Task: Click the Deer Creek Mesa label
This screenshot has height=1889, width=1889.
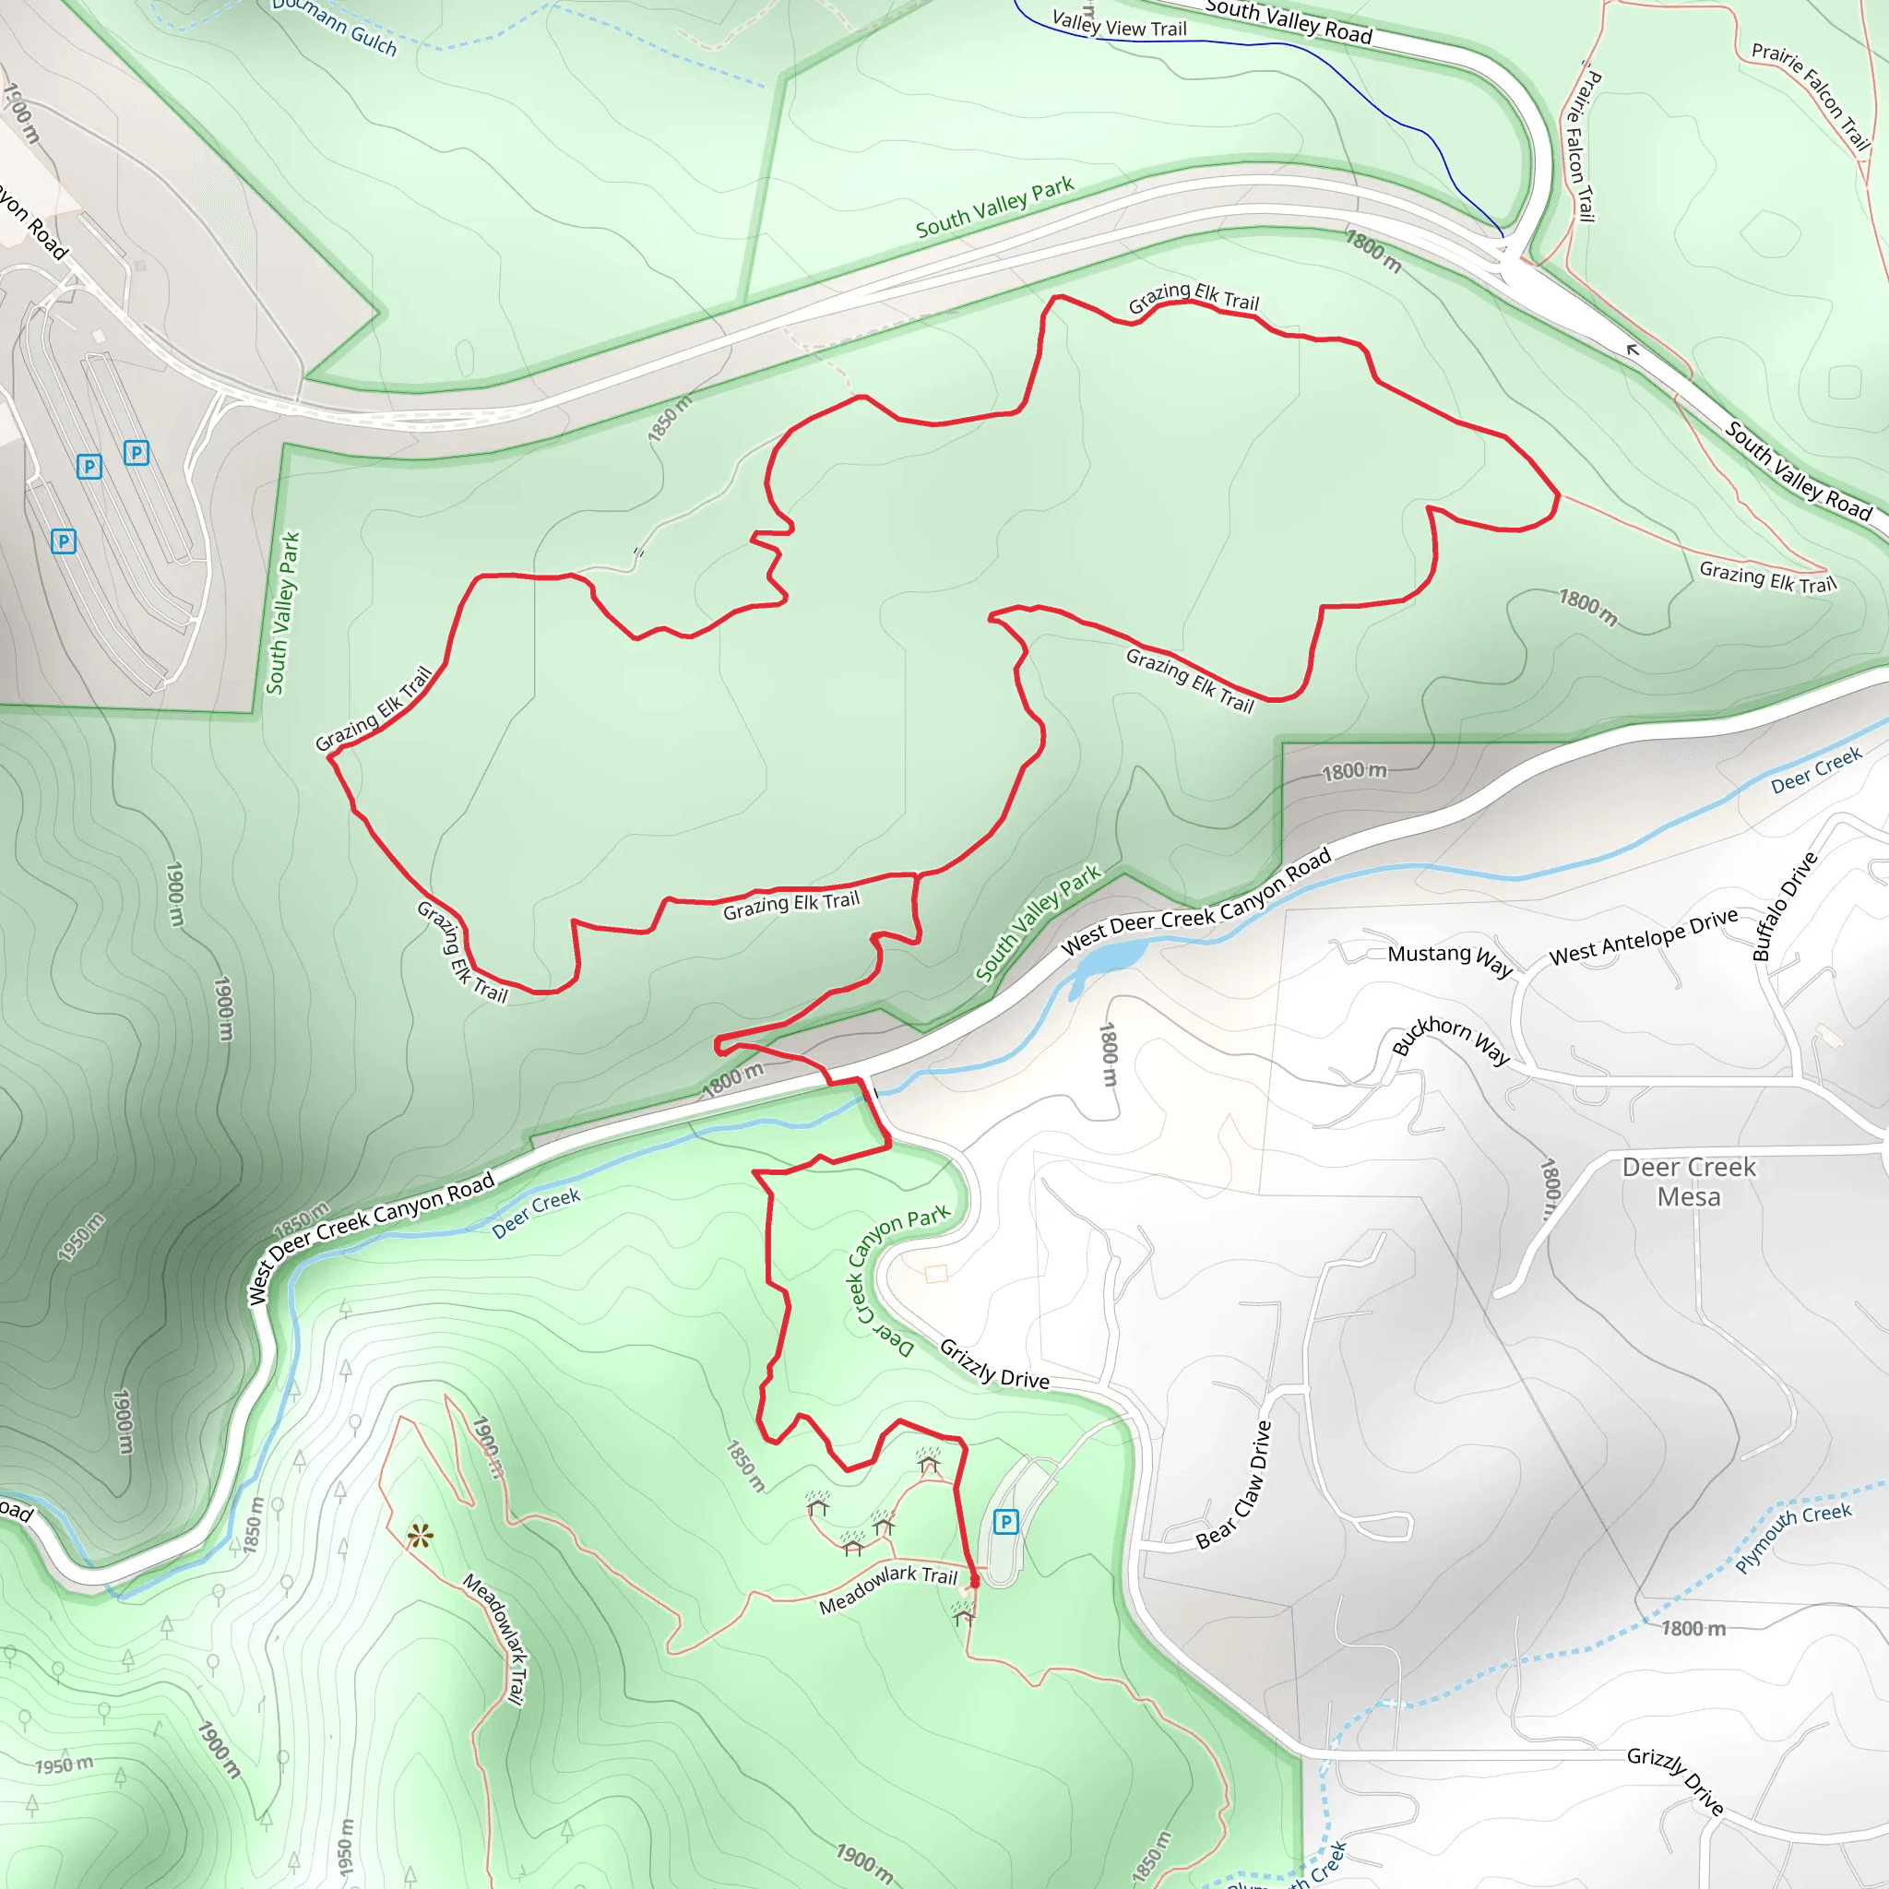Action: [x=1689, y=1182]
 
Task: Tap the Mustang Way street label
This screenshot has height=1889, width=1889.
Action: [x=1450, y=959]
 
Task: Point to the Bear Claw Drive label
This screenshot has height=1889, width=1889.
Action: [x=1234, y=1485]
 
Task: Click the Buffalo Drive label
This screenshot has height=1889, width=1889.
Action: [x=1785, y=906]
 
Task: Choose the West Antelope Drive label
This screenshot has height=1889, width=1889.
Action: [x=1644, y=935]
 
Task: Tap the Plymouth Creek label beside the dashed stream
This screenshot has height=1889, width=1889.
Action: [x=1792, y=1537]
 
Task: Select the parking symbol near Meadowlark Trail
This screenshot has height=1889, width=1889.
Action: [x=1005, y=1521]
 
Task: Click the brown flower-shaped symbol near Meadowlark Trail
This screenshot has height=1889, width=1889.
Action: [x=421, y=1536]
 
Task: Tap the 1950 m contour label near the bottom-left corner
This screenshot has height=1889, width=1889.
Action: [x=65, y=1764]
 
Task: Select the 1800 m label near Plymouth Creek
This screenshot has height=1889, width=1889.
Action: [x=1693, y=1628]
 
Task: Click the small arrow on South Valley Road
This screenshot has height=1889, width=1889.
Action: [x=1632, y=349]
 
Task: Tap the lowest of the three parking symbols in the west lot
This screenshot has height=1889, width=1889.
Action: [x=64, y=541]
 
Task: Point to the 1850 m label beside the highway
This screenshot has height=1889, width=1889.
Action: [x=669, y=418]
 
